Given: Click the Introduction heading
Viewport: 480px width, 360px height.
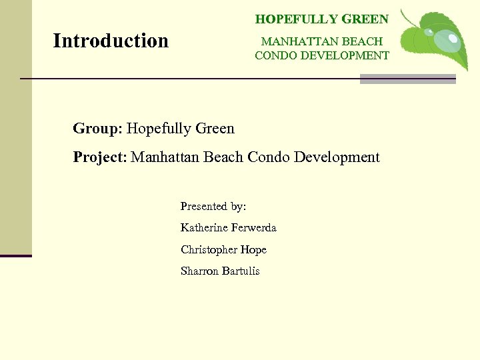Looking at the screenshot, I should coord(111,41).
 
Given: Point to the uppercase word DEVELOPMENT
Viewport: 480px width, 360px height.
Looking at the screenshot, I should coord(345,55).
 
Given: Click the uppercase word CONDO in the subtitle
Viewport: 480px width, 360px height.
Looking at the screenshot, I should coord(276,55).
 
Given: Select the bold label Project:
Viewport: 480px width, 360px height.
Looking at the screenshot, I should coord(100,157).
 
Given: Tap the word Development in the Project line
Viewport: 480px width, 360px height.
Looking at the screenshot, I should coord(337,157).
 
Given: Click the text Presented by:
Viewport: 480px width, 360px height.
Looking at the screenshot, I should coord(213,207).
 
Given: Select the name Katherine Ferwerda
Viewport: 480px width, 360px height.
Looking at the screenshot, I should coord(228,228).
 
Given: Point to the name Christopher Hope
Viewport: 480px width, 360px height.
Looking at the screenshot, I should coord(223,249).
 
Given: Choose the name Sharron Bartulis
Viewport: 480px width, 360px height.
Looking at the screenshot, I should coord(220,271).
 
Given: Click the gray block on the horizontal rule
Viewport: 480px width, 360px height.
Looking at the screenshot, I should coord(407,79).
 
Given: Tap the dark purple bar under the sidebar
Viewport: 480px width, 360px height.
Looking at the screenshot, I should coord(15,255).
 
